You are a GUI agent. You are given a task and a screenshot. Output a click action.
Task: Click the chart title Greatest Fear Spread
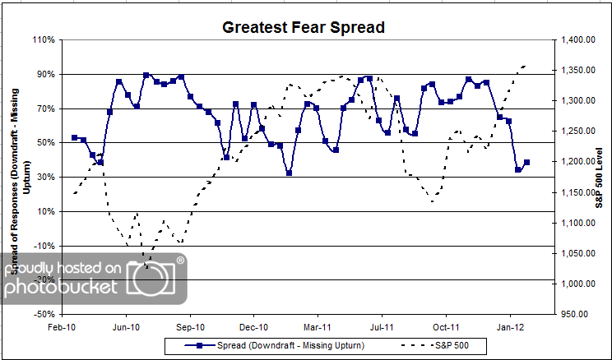pos(304,27)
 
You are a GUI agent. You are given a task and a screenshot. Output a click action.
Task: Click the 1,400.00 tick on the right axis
pos(575,39)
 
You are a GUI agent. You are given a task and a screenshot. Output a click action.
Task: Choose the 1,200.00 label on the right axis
pos(575,162)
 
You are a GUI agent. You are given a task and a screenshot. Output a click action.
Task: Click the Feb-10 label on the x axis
pos(63,326)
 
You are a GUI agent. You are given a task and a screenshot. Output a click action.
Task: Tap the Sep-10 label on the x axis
pos(190,326)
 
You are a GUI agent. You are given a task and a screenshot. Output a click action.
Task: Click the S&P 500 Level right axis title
pos(600,176)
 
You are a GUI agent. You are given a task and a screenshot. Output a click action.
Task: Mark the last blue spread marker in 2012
pos(526,163)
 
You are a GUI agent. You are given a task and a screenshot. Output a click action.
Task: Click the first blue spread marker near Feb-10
pos(75,138)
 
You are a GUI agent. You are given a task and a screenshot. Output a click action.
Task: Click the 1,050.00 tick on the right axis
pos(575,253)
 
